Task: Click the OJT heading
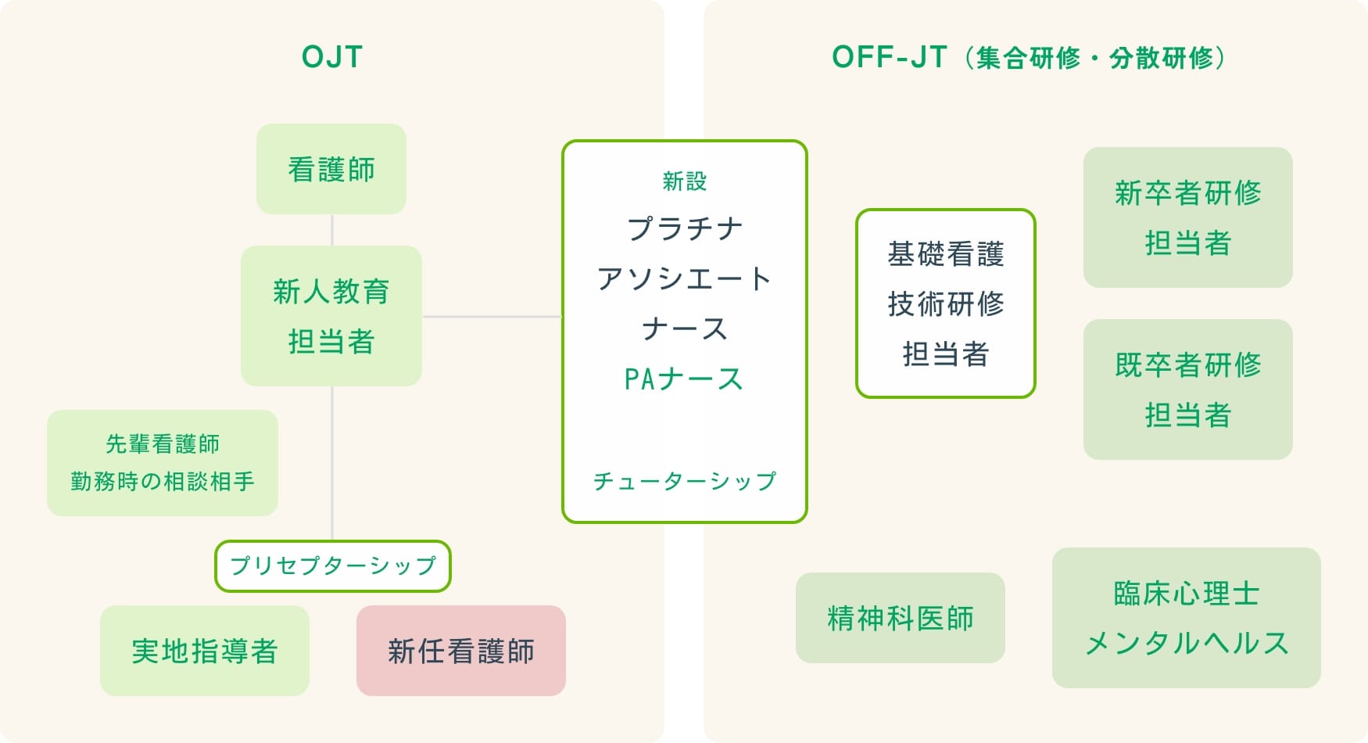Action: click(x=332, y=57)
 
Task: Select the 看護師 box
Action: click(x=331, y=169)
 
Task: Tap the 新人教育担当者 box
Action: click(x=331, y=316)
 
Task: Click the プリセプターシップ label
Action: click(x=333, y=566)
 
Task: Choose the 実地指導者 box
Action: click(x=205, y=651)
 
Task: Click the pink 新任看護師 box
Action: click(x=461, y=651)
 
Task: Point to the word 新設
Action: click(x=685, y=181)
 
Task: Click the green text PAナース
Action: click(x=685, y=379)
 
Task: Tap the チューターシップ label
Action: click(x=685, y=481)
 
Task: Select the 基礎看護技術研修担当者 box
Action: click(x=946, y=303)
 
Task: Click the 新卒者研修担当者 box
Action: click(x=1187, y=217)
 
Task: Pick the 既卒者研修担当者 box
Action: click(x=1187, y=389)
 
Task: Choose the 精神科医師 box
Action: click(x=901, y=618)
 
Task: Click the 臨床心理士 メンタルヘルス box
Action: click(x=1187, y=618)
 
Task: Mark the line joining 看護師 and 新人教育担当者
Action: click(x=332, y=230)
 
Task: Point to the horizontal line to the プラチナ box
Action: click(x=492, y=317)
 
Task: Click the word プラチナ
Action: click(x=685, y=229)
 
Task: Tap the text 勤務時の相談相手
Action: click(x=163, y=481)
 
